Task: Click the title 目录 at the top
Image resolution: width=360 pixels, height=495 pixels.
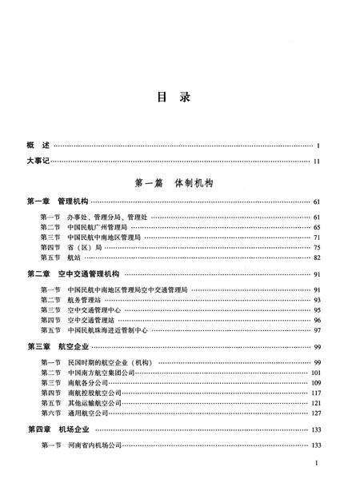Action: click(180, 98)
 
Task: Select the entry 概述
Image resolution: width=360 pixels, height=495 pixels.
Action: click(38, 146)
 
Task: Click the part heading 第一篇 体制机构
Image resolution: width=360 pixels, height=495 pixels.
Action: click(179, 183)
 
